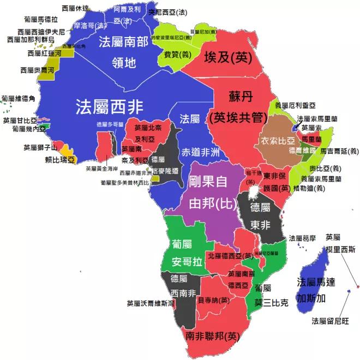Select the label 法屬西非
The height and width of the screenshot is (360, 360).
tap(109, 105)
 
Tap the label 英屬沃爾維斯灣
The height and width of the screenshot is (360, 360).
tap(151, 303)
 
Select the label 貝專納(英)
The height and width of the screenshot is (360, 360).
tap(213, 299)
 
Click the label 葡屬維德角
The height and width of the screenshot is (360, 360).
tap(18, 98)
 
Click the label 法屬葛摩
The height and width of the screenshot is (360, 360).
tap(303, 238)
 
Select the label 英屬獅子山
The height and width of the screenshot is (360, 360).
tap(40, 147)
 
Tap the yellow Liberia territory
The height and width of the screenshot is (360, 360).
tap(65, 150)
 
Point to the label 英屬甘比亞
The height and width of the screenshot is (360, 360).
tap(20, 121)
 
